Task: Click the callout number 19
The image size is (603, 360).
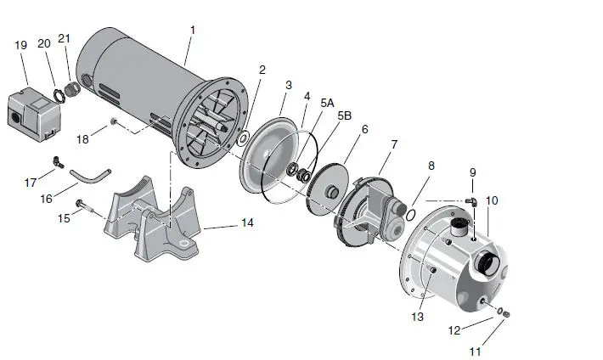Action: tap(21, 45)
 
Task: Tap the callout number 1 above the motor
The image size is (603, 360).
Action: tap(193, 30)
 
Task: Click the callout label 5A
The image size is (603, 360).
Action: tap(326, 102)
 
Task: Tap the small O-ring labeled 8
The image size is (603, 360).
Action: tap(409, 214)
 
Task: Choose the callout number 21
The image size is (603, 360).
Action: tap(65, 39)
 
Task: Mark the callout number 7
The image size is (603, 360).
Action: tap(393, 145)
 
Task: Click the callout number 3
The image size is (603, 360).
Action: tap(289, 85)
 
